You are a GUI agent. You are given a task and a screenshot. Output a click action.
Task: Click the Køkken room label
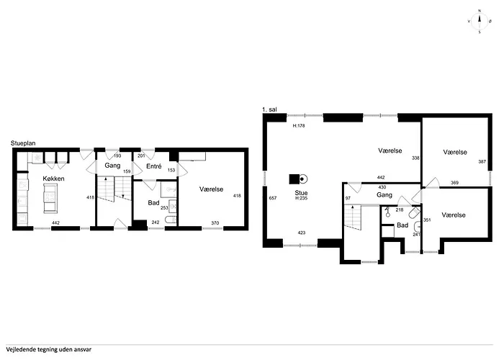pos(54,179)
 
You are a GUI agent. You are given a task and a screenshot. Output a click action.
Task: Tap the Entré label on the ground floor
pos(153,166)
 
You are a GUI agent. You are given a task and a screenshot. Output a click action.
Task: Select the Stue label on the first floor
pos(301,193)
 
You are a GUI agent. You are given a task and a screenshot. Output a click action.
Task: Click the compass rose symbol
pos(480,22)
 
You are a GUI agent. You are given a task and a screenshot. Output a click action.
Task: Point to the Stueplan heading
pos(23,143)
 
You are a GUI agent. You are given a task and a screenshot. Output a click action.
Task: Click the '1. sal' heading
pos(269,109)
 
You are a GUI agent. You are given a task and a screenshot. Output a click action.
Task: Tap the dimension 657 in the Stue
pos(273,198)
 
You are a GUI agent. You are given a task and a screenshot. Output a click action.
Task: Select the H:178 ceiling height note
pos(299,126)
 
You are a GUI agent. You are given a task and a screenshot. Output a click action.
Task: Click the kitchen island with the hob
pos(51,198)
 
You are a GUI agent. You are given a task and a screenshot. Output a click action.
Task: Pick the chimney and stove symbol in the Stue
pos(298,179)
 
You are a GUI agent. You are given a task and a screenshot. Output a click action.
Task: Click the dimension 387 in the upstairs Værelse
pos(482,162)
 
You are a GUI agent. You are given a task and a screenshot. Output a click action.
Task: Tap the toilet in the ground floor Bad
pos(171,220)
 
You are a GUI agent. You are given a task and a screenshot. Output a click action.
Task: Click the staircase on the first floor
pos(354,218)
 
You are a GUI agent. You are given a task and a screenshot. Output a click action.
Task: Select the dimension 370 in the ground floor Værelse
pos(215,223)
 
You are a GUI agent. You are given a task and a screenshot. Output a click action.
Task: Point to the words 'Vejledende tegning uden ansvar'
pos(48,349)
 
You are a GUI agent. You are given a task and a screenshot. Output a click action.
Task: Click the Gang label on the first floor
pos(384,195)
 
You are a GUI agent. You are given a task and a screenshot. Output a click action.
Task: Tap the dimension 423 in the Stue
pos(302,233)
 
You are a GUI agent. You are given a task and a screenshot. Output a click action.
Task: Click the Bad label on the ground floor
pos(153,203)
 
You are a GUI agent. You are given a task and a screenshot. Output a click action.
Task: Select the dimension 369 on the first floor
pos(454,183)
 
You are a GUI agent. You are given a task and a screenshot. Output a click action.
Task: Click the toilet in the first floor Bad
pos(415,212)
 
